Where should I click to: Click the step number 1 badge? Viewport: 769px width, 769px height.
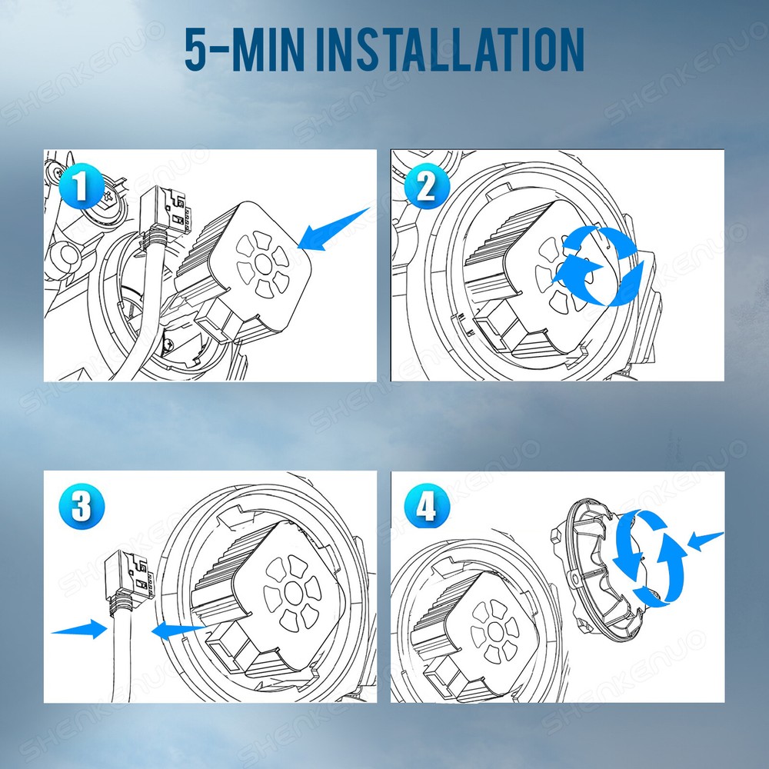(82, 186)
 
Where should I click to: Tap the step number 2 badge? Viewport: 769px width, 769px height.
(427, 186)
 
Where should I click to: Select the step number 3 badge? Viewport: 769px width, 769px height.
(82, 507)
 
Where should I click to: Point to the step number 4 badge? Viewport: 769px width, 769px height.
(427, 506)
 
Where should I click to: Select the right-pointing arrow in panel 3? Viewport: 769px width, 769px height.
(79, 629)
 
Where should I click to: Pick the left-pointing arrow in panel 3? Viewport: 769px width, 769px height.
(179, 631)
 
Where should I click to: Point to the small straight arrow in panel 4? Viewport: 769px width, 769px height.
(705, 541)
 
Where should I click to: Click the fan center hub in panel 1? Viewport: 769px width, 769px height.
(263, 265)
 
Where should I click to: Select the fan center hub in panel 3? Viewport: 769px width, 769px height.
(294, 594)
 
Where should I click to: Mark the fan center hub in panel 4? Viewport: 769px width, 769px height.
(495, 631)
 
